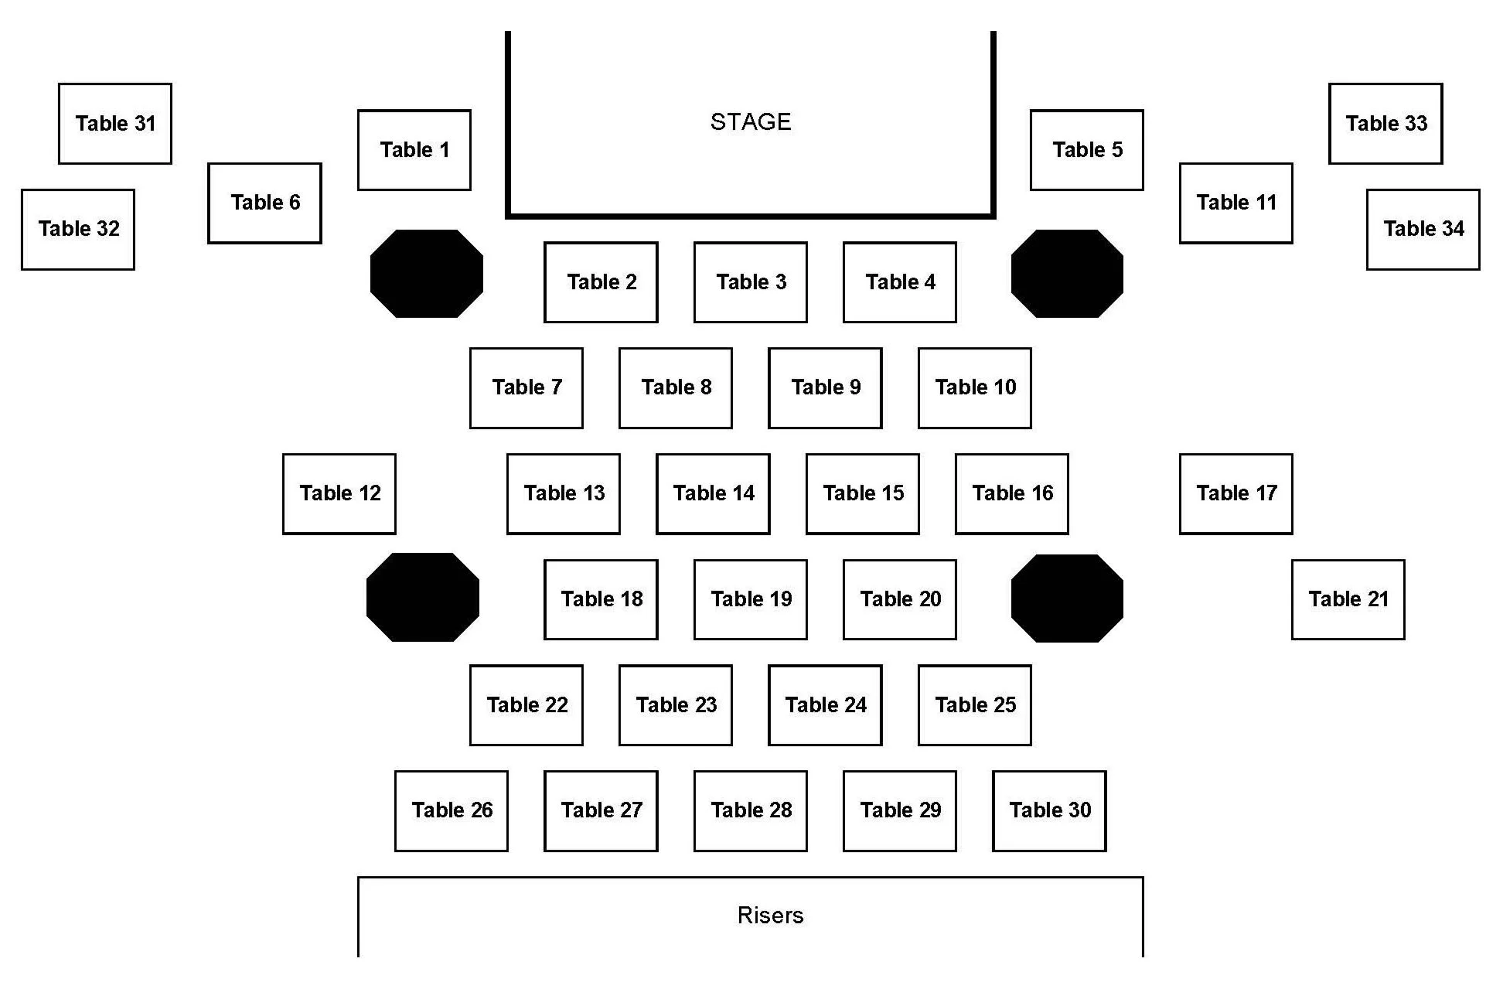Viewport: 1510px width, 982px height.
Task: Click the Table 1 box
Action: pyautogui.click(x=414, y=150)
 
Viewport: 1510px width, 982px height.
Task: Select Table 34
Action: pyautogui.click(x=1423, y=230)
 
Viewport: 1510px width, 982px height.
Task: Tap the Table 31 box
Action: pyautogui.click(x=115, y=124)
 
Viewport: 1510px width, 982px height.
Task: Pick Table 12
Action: pyautogui.click(x=339, y=493)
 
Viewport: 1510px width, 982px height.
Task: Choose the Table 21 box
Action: pyautogui.click(x=1348, y=599)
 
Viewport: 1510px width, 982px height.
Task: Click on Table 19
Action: pyautogui.click(x=750, y=599)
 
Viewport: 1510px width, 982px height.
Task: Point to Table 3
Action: pyautogui.click(x=750, y=282)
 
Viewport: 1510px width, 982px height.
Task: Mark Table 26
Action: pyautogui.click(x=452, y=810)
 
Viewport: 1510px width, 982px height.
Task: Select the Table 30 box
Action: pyautogui.click(x=1049, y=810)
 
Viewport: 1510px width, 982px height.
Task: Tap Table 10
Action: pyautogui.click(x=974, y=387)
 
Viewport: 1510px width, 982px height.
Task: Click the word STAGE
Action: pyautogui.click(x=751, y=121)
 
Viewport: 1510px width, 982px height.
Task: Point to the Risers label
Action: pyautogui.click(x=770, y=916)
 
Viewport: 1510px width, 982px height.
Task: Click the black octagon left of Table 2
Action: pyautogui.click(x=427, y=273)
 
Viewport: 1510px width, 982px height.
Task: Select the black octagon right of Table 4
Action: pyautogui.click(x=1067, y=273)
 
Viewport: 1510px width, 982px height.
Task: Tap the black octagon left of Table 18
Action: pyautogui.click(x=423, y=597)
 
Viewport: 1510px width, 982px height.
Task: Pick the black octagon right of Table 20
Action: pyautogui.click(x=1067, y=598)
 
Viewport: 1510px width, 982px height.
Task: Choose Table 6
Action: pyautogui.click(x=264, y=203)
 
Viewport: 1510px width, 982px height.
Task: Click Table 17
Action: pyautogui.click(x=1236, y=493)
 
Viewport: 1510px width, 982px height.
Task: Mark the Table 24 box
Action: pyautogui.click(x=825, y=704)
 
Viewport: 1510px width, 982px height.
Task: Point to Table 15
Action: pyautogui.click(x=863, y=493)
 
